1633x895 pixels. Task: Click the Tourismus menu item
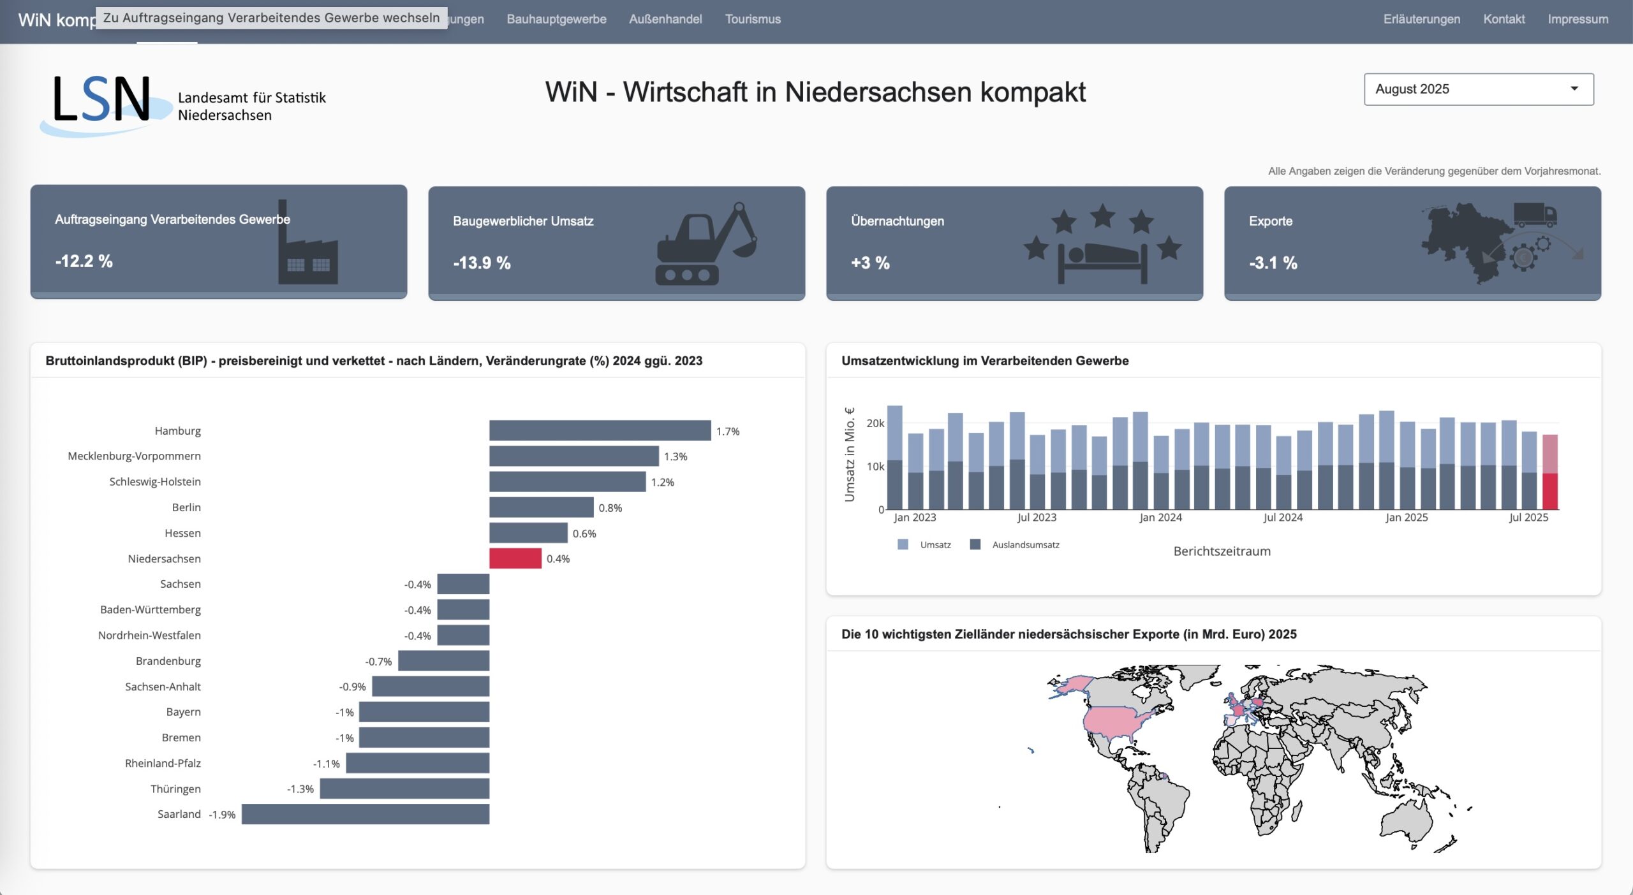[753, 19]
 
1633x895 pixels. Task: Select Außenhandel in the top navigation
[665, 19]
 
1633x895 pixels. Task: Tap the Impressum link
[1578, 19]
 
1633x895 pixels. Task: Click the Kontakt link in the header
[1504, 19]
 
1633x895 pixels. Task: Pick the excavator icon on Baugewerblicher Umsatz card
[705, 244]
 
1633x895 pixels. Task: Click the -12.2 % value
[84, 261]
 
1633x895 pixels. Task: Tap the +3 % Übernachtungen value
[870, 263]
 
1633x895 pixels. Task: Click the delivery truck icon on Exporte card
[1534, 215]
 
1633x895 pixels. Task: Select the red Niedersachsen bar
[515, 558]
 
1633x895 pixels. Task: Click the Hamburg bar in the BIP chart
[600, 430]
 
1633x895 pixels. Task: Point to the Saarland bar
[365, 814]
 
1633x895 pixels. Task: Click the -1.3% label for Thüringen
[300, 789]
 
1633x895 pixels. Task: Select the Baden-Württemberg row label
[151, 609]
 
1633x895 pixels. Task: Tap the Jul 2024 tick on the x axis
[1283, 518]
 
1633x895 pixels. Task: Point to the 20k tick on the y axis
[875, 423]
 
